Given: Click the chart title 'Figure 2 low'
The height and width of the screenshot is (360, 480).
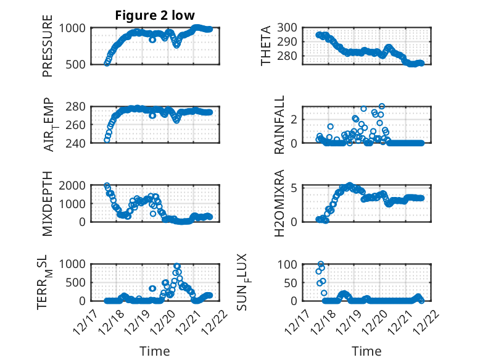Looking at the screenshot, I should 155,15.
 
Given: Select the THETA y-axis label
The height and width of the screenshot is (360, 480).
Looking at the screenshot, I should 266,46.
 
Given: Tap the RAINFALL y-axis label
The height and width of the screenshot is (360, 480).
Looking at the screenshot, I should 279,125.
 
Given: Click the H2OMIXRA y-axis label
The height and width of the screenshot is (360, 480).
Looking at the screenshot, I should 279,203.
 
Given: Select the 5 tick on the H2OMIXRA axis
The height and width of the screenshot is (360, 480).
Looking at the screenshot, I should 294,187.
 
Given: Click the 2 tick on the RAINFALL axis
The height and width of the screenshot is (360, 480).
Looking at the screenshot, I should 294,119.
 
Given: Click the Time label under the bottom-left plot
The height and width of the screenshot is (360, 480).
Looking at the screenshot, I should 154,351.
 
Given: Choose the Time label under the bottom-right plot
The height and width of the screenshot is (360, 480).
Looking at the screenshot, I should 366,351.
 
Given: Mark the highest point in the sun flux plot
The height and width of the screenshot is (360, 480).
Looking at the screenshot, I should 321,264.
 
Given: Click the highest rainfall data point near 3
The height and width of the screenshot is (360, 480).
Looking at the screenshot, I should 382,107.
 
